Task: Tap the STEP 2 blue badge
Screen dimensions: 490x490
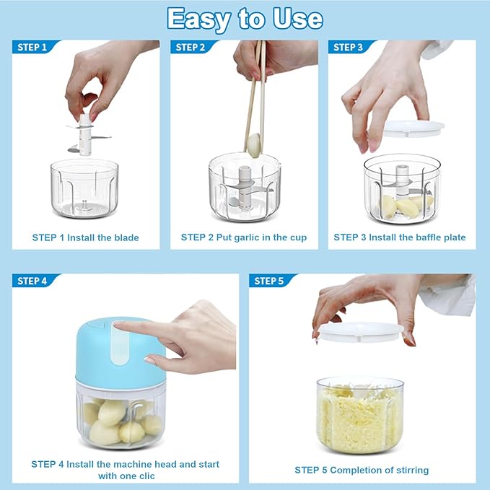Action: [191, 48]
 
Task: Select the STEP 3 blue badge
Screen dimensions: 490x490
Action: [348, 48]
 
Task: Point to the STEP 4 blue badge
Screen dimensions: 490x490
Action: [33, 281]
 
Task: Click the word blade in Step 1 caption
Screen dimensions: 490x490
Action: [125, 237]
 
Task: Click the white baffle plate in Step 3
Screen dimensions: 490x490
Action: [410, 128]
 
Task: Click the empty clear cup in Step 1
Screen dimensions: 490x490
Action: [84, 189]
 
